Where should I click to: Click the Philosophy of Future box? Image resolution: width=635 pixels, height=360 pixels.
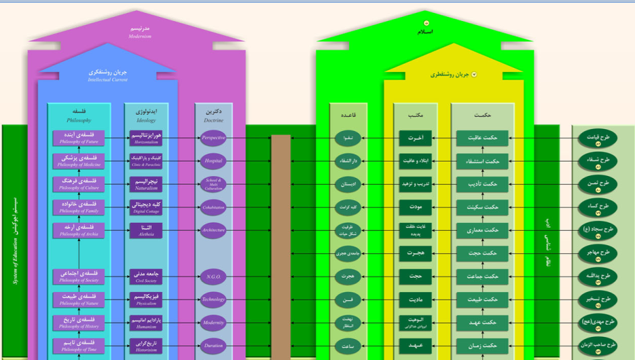click(79, 139)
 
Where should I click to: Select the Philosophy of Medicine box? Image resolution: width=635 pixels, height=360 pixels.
click(79, 161)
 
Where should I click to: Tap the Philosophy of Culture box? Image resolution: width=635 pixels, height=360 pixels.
click(79, 184)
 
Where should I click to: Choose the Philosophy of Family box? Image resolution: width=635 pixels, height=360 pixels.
click(79, 207)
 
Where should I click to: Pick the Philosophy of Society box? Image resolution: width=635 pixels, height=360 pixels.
click(79, 276)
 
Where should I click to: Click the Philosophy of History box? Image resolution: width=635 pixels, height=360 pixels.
click(79, 323)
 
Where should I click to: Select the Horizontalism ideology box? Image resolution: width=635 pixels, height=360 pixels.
click(146, 139)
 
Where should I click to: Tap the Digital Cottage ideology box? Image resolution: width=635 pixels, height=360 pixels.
click(146, 207)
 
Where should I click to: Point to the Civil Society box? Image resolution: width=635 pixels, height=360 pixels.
click(146, 276)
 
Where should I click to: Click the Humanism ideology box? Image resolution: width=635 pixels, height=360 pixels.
click(146, 323)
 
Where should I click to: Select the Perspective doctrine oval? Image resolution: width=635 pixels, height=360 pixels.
click(213, 138)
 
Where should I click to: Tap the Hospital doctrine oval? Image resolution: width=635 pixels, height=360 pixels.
click(213, 161)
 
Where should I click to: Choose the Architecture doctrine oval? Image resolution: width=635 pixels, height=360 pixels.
click(213, 230)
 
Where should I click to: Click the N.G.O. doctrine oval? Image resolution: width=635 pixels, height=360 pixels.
click(213, 276)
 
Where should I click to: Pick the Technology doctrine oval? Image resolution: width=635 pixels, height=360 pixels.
click(213, 300)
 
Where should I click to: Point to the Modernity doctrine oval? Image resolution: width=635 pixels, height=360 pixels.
click(213, 323)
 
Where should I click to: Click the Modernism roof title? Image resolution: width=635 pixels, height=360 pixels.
click(140, 33)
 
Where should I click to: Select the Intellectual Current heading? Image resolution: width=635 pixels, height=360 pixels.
click(107, 75)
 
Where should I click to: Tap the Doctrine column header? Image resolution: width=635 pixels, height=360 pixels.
click(213, 115)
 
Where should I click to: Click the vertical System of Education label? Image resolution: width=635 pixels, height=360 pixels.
click(15, 241)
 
